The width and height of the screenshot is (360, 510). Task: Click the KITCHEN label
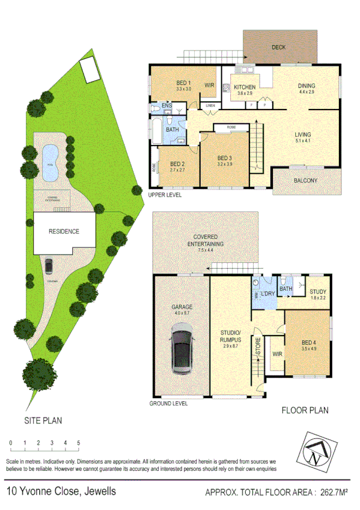point(245,87)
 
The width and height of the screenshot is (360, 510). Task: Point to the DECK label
point(278,46)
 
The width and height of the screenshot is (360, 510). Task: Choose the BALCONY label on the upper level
point(306,180)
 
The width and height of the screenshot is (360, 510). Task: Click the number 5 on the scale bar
point(79,443)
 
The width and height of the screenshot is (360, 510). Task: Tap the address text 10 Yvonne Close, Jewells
point(61,491)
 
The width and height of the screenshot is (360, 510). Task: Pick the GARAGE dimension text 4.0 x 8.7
point(181,313)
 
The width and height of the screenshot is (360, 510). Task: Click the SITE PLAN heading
point(43,420)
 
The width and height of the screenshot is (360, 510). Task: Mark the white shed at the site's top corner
point(90,69)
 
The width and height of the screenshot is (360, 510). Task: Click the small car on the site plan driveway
point(48,265)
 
